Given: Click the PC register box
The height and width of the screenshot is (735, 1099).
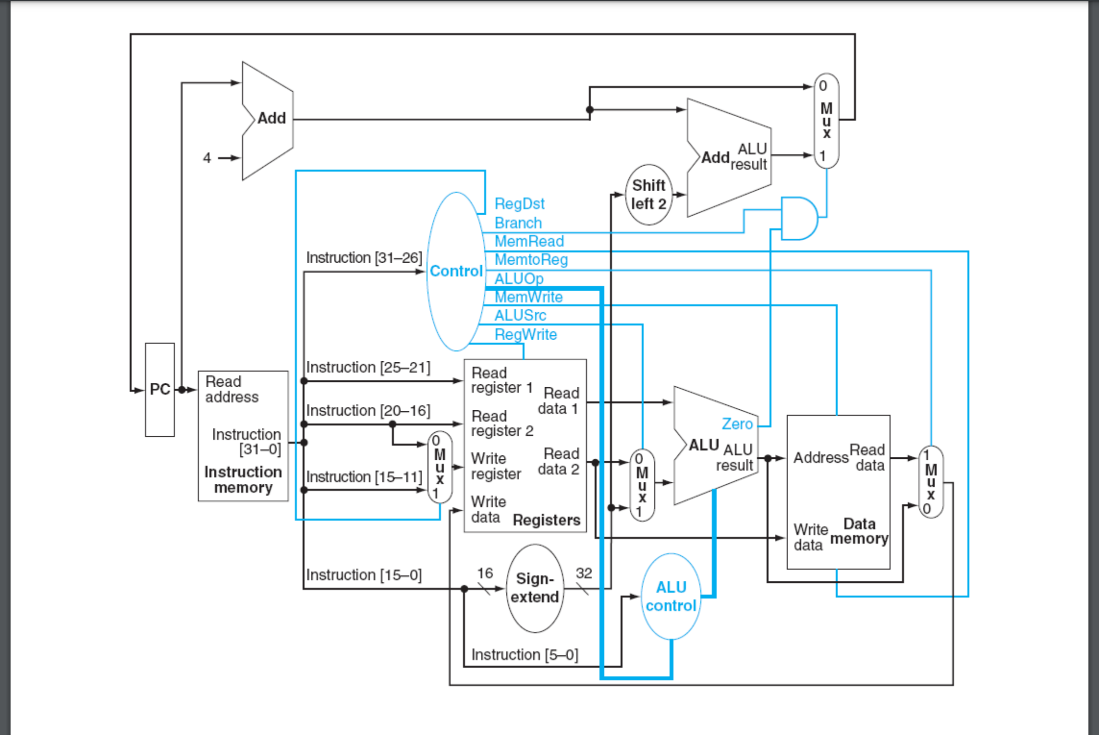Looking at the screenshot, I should point(160,390).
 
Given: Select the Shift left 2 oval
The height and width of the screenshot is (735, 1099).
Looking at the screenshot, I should point(648,195).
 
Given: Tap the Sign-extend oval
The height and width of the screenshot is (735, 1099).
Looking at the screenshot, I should point(535,588).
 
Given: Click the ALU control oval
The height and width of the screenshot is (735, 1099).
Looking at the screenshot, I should point(671,596).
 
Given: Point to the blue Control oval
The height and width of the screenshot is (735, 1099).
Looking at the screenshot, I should point(455,271).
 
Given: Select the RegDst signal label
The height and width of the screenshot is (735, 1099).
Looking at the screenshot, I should point(519,204).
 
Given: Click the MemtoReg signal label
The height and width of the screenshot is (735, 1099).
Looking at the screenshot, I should point(531,260).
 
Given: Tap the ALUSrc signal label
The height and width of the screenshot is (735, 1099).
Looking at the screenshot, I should point(520,316).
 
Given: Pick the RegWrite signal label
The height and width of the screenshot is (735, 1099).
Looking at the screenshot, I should point(525,334).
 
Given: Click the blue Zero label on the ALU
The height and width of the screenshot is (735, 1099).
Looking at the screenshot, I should point(737,424).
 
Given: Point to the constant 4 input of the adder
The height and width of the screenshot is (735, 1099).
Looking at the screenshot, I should point(207,158).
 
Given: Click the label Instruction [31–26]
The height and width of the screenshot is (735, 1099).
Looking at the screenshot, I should point(364,258).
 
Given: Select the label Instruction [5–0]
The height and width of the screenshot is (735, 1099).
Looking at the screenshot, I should point(525,655).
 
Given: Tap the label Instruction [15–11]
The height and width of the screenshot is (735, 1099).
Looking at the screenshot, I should point(364,477).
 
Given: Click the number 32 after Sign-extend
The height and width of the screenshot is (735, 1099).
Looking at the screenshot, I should point(584,573).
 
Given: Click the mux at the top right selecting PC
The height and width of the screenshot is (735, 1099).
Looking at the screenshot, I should point(826,121).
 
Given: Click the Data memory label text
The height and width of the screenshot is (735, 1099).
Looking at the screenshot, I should point(859,531).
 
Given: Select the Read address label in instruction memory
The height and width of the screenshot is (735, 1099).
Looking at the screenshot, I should point(232,390).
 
